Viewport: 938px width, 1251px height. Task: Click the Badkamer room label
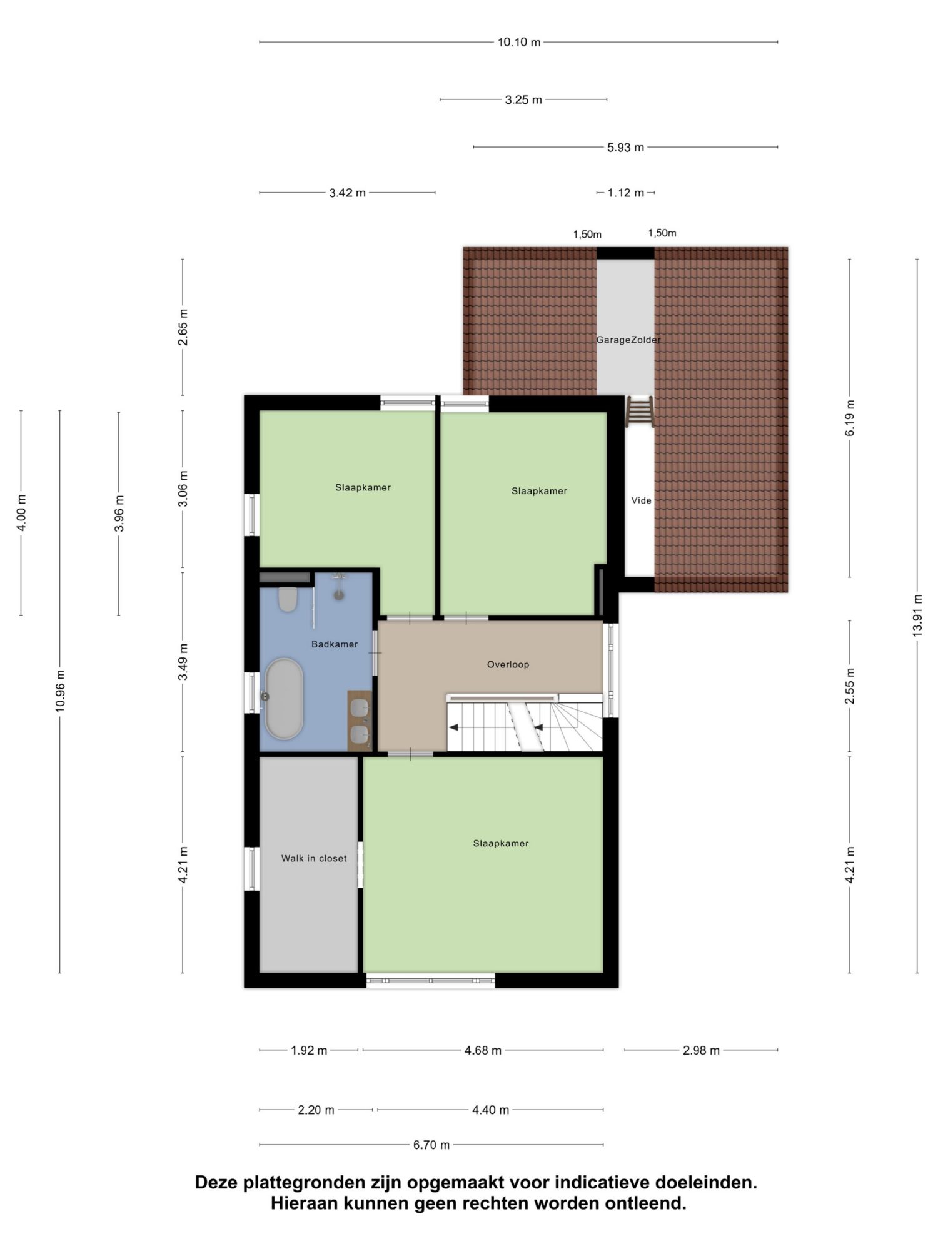(x=335, y=644)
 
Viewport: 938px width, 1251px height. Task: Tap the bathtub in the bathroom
(x=284, y=698)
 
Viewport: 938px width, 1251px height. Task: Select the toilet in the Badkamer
(x=288, y=599)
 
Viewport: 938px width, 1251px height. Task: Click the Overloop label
(x=508, y=665)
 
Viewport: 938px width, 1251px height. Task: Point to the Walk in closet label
(x=314, y=859)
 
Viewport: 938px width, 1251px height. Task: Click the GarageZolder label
(x=628, y=340)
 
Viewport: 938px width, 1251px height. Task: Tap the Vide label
(x=641, y=500)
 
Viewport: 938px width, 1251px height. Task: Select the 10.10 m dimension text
(x=519, y=43)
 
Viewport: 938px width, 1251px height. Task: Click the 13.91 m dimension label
(x=917, y=615)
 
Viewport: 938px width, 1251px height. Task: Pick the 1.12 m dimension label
(x=625, y=193)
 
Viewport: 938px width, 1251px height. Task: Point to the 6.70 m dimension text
(x=431, y=1145)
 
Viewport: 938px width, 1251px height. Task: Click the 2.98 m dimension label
(x=701, y=1050)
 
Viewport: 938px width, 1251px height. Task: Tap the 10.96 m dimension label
(x=60, y=691)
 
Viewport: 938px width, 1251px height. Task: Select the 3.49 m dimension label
(x=183, y=662)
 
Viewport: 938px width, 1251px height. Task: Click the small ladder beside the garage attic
(x=640, y=412)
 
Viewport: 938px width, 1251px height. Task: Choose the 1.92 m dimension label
(x=309, y=1050)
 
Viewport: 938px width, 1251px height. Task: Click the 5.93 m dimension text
(x=625, y=148)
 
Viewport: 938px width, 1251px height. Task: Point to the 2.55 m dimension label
(x=850, y=686)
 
